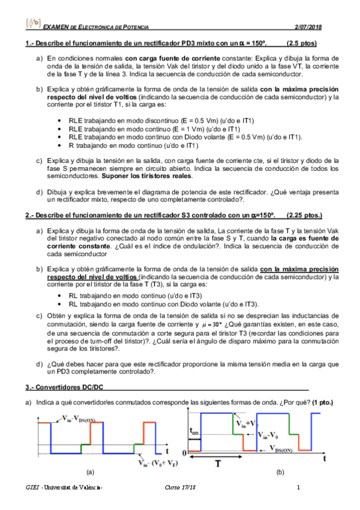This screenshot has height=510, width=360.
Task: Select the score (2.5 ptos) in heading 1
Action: click(302, 44)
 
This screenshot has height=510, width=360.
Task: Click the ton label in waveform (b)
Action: click(194, 431)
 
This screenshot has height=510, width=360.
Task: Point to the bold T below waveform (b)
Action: click(219, 464)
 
